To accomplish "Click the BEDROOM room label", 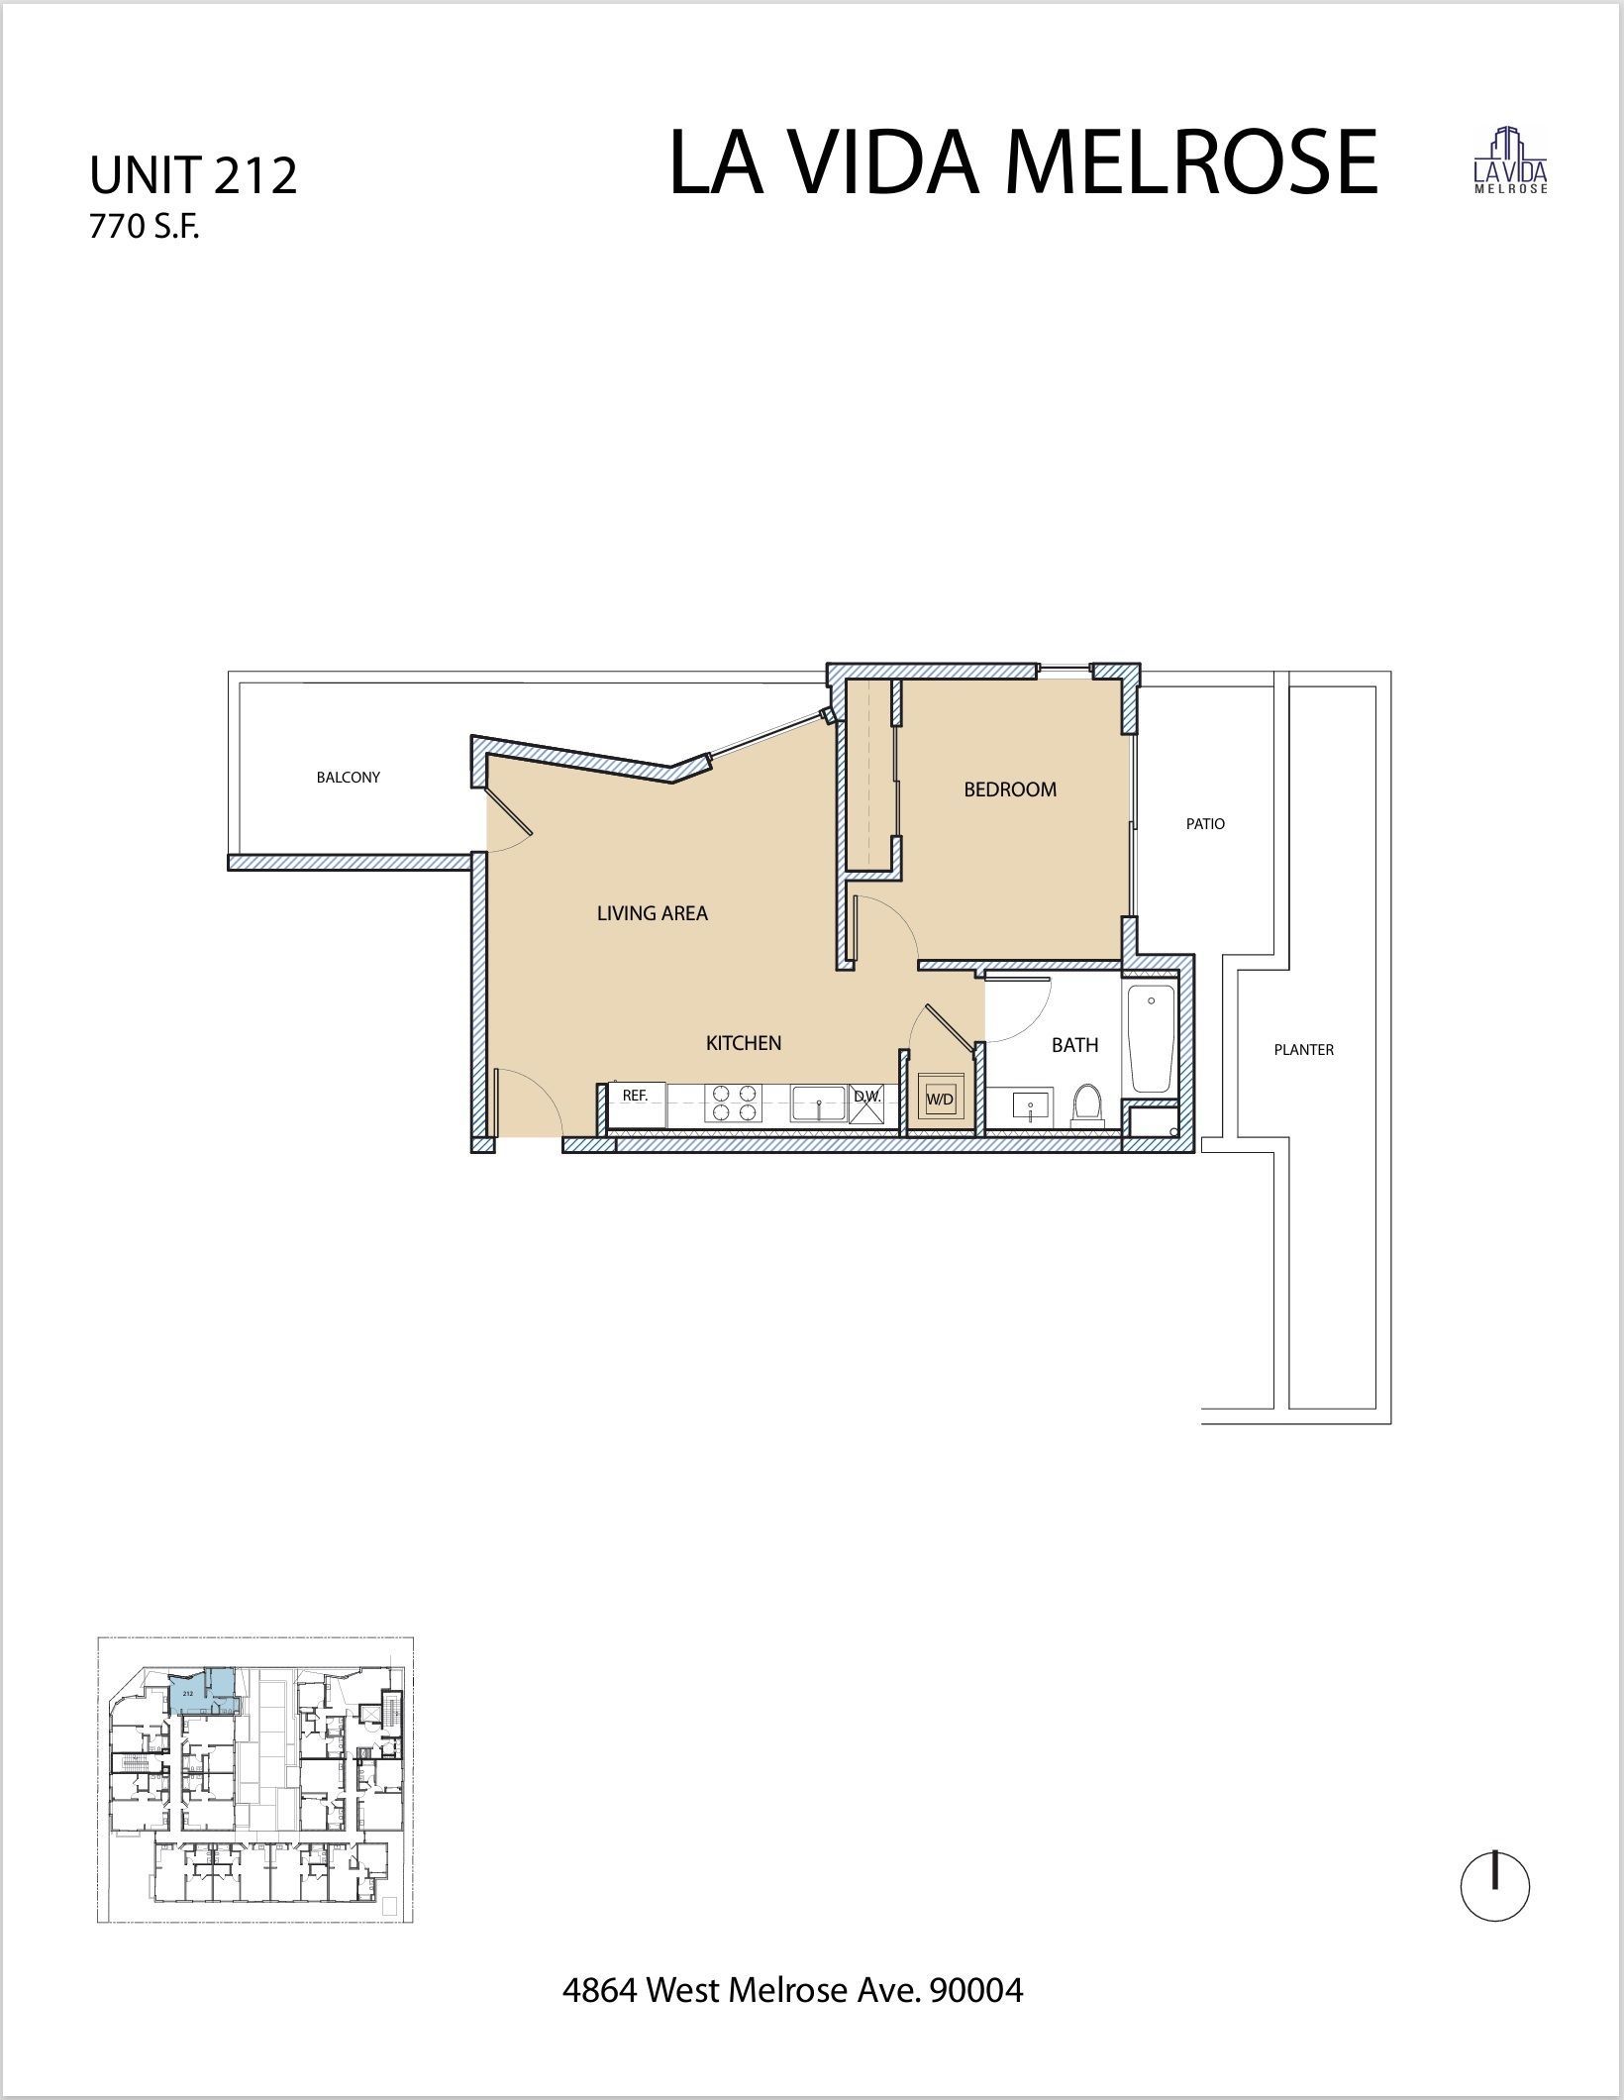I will click(1010, 789).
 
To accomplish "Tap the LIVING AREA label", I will click(652, 913).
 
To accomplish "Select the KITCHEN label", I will click(744, 1042).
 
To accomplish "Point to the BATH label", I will click(1074, 1044).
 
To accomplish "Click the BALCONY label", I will click(348, 778).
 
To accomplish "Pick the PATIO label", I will click(1205, 823).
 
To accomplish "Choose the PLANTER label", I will click(1303, 1049).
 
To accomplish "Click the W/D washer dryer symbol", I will click(939, 1099).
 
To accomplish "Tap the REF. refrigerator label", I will click(635, 1096).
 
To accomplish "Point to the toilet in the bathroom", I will click(1088, 1104).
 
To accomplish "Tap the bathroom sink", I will click(1030, 1105).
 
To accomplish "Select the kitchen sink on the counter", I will click(818, 1103).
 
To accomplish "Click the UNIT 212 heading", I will click(193, 175).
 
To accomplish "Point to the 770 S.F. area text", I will click(145, 228).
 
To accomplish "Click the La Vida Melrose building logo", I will click(1510, 160).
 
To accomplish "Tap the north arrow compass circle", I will click(1495, 1887).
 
